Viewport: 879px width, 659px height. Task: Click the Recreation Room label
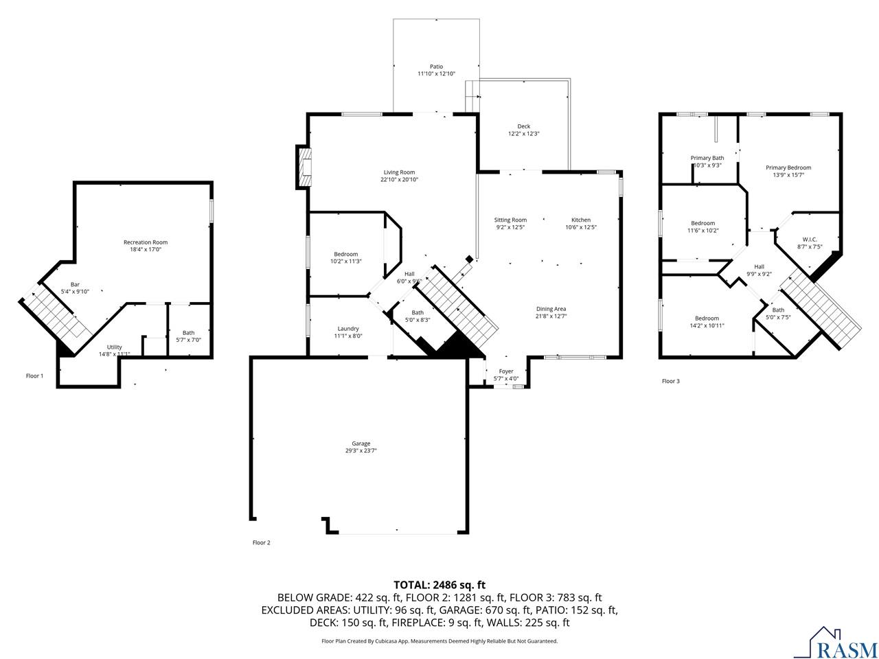[146, 242]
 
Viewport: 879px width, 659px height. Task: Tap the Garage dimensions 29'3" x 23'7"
[361, 450]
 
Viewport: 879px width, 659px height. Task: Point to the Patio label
[436, 67]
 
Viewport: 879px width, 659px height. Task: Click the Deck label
[524, 126]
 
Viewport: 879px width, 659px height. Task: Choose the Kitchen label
[581, 220]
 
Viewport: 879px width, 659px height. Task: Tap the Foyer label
[506, 371]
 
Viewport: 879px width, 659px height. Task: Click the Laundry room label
[348, 329]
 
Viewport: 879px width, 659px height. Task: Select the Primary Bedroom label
[788, 167]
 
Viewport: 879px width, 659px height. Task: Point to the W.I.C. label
[810, 240]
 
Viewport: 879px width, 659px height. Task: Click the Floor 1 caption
[34, 375]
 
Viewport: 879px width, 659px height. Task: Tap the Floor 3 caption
[670, 381]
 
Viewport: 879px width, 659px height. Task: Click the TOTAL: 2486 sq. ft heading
[439, 585]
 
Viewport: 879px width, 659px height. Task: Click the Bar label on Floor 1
[75, 284]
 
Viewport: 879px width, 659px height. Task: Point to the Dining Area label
[551, 309]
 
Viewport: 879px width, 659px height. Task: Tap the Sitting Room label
[510, 220]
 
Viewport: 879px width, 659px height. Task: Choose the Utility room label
[114, 347]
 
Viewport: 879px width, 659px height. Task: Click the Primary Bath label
[707, 158]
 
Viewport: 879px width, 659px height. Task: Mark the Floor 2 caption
[261, 542]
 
